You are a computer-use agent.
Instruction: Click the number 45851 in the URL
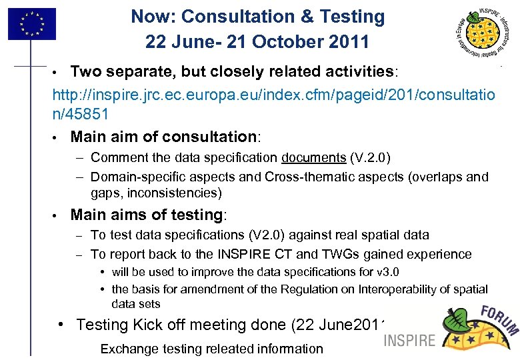point(85,113)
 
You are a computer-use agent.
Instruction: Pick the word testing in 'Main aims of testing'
point(194,215)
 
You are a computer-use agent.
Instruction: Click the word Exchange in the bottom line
point(129,349)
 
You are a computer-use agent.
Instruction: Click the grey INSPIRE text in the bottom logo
point(409,340)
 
